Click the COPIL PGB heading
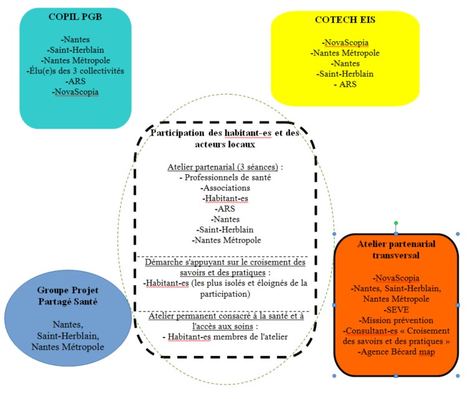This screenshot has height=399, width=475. tap(75, 17)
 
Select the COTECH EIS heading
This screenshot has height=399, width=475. tap(345, 20)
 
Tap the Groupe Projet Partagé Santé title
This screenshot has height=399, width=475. tap(68, 296)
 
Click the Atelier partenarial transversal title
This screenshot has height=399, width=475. tap(396, 250)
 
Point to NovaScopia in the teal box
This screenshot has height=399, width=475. tap(75, 92)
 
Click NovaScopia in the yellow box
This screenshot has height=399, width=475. tap(346, 42)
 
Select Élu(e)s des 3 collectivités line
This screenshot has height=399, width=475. tap(75, 71)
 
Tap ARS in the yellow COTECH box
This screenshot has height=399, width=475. tap(346, 84)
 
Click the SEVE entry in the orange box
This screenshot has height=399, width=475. tap(396, 309)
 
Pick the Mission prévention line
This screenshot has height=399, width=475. tap(396, 320)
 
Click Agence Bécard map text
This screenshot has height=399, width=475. tap(396, 352)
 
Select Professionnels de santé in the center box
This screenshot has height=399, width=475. tap(225, 177)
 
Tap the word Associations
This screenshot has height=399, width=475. tap(225, 188)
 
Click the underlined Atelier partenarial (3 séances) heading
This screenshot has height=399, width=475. tap(223, 167)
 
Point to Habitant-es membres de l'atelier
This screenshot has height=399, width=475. tap(225, 337)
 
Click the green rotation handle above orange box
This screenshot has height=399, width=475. tap(396, 223)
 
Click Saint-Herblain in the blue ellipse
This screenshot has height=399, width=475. tap(68, 336)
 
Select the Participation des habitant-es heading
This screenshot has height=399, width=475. tap(225, 138)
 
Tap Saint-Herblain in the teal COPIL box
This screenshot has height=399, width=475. tap(75, 50)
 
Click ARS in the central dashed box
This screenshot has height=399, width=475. tap(225, 209)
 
